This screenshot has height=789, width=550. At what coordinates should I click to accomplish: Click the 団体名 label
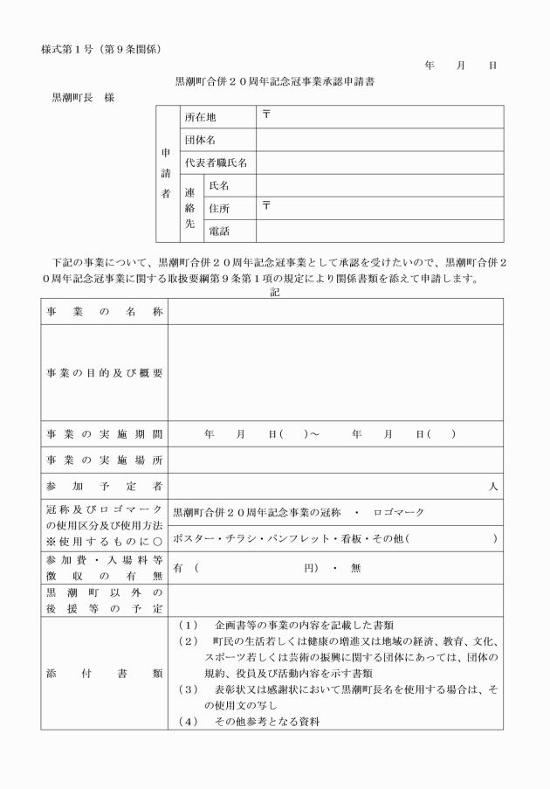pos(200,140)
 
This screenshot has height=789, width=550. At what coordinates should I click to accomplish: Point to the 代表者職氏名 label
pos(217,163)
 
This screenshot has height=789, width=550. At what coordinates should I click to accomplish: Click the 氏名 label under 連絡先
pos(219,185)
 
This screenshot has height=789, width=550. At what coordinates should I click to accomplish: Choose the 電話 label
pos(219,232)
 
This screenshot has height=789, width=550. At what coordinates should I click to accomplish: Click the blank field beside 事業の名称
pos(335,311)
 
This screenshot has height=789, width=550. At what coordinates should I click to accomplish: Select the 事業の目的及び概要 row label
pos(105,372)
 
